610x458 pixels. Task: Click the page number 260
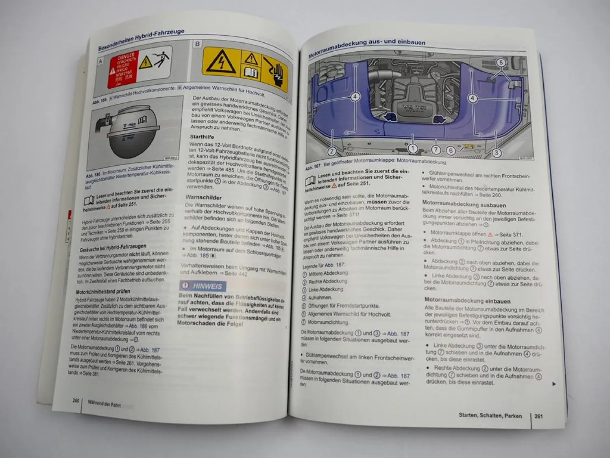(76, 401)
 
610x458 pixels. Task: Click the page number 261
(538, 416)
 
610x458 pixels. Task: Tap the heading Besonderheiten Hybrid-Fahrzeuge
(141, 40)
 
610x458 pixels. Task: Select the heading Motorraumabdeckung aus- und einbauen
(367, 46)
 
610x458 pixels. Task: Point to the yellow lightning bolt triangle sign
(221, 63)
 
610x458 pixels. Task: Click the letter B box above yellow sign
(197, 44)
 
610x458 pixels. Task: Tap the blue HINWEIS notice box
(203, 286)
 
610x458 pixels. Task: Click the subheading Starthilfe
(202, 137)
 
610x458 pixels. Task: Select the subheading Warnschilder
(204, 197)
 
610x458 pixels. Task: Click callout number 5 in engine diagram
(501, 62)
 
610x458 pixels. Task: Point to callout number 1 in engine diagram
(412, 148)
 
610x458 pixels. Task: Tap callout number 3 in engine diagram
(497, 153)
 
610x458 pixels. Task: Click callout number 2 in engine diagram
(332, 151)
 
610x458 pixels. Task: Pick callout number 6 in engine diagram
(450, 150)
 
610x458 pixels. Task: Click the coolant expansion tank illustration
(133, 134)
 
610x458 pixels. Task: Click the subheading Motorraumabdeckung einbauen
(467, 301)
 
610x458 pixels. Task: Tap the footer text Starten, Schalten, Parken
(490, 415)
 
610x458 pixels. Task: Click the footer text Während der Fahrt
(104, 403)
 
